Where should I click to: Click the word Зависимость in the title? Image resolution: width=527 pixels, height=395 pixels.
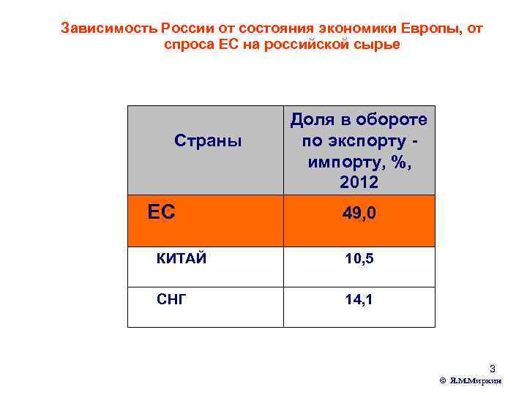point(109,29)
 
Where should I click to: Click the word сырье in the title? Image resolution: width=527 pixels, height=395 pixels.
point(381,45)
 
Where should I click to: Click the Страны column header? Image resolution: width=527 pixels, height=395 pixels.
point(208,140)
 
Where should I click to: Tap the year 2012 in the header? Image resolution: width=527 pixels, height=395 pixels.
point(359,179)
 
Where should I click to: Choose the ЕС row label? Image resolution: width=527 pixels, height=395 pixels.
point(161,212)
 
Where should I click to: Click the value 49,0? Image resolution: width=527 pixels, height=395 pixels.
point(359,214)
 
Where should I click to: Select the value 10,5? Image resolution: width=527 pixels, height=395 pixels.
point(359,258)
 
